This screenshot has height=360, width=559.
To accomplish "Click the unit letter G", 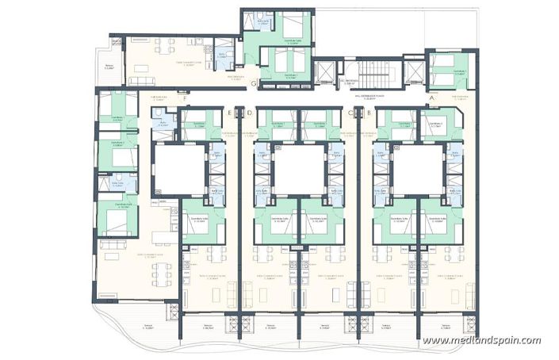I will coord(252,82).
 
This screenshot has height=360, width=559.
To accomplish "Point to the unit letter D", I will coord(250,113).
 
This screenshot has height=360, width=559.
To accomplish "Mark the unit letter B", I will coord(370,113).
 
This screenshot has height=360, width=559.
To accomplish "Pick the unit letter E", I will coord(228,113).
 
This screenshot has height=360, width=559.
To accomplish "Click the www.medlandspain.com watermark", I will coord(481,341).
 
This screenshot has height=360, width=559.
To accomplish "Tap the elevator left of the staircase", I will coord(325,73).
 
